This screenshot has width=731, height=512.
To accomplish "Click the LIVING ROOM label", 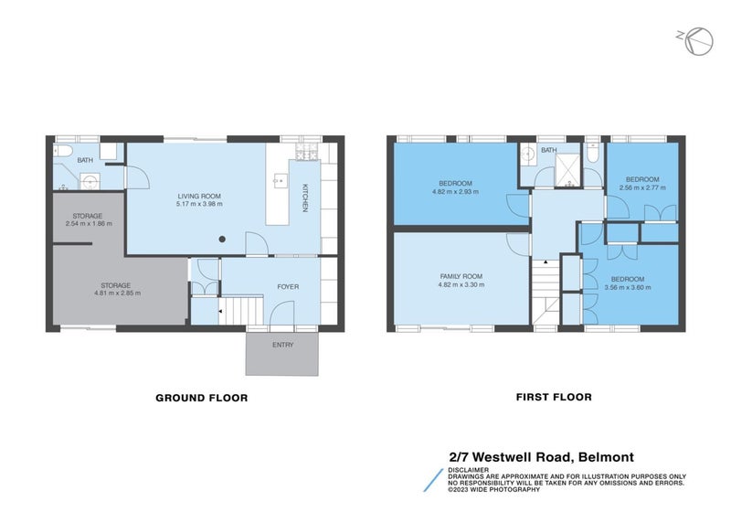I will point(199,196).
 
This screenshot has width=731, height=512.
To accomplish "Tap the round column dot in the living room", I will point(222,240).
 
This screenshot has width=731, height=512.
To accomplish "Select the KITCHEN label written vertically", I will point(305,198).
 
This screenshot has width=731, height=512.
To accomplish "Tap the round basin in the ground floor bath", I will point(89,180).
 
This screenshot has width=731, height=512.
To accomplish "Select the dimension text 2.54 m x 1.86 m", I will point(88,223).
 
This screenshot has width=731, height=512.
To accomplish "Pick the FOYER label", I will point(288,286).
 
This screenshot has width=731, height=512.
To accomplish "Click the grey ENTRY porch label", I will point(283,345).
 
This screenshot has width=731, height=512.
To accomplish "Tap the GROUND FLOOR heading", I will point(201,398).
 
